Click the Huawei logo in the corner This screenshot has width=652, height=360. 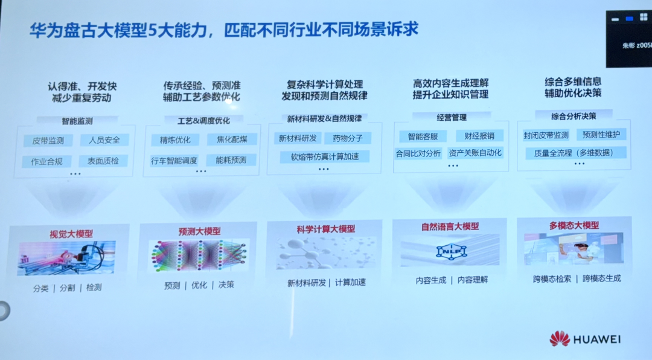point(560,339)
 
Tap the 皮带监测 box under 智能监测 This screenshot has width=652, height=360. point(48,140)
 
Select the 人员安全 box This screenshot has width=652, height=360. point(104,140)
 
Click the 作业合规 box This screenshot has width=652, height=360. point(47,161)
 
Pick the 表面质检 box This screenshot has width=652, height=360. point(103,161)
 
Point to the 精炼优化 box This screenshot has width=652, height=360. point(175,140)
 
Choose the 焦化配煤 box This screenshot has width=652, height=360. point(232,140)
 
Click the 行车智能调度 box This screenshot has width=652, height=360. point(174,161)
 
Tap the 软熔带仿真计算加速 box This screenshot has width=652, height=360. point(324,157)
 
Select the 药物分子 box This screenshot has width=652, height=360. point(348,138)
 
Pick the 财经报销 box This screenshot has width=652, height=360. point(475,136)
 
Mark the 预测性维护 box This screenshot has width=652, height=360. point(601,134)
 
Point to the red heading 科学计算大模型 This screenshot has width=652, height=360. point(326,229)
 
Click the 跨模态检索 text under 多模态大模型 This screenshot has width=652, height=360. point(552,278)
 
